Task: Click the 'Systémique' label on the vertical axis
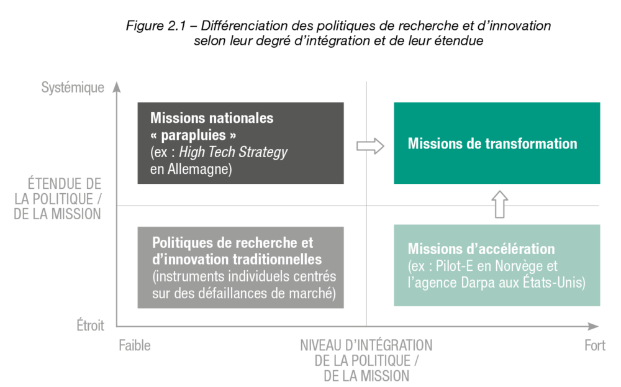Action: click(x=73, y=88)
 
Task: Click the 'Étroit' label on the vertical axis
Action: click(x=91, y=326)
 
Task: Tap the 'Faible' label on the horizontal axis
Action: click(x=135, y=346)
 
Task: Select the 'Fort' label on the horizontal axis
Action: click(x=595, y=346)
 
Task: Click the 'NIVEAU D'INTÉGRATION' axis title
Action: click(x=366, y=345)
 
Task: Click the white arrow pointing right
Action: click(x=370, y=146)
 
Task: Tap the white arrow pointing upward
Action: click(x=500, y=204)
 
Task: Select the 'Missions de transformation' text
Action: click(x=492, y=143)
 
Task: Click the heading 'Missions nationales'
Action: click(x=212, y=118)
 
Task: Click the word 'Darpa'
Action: click(x=476, y=283)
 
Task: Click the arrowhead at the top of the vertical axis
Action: click(x=116, y=86)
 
